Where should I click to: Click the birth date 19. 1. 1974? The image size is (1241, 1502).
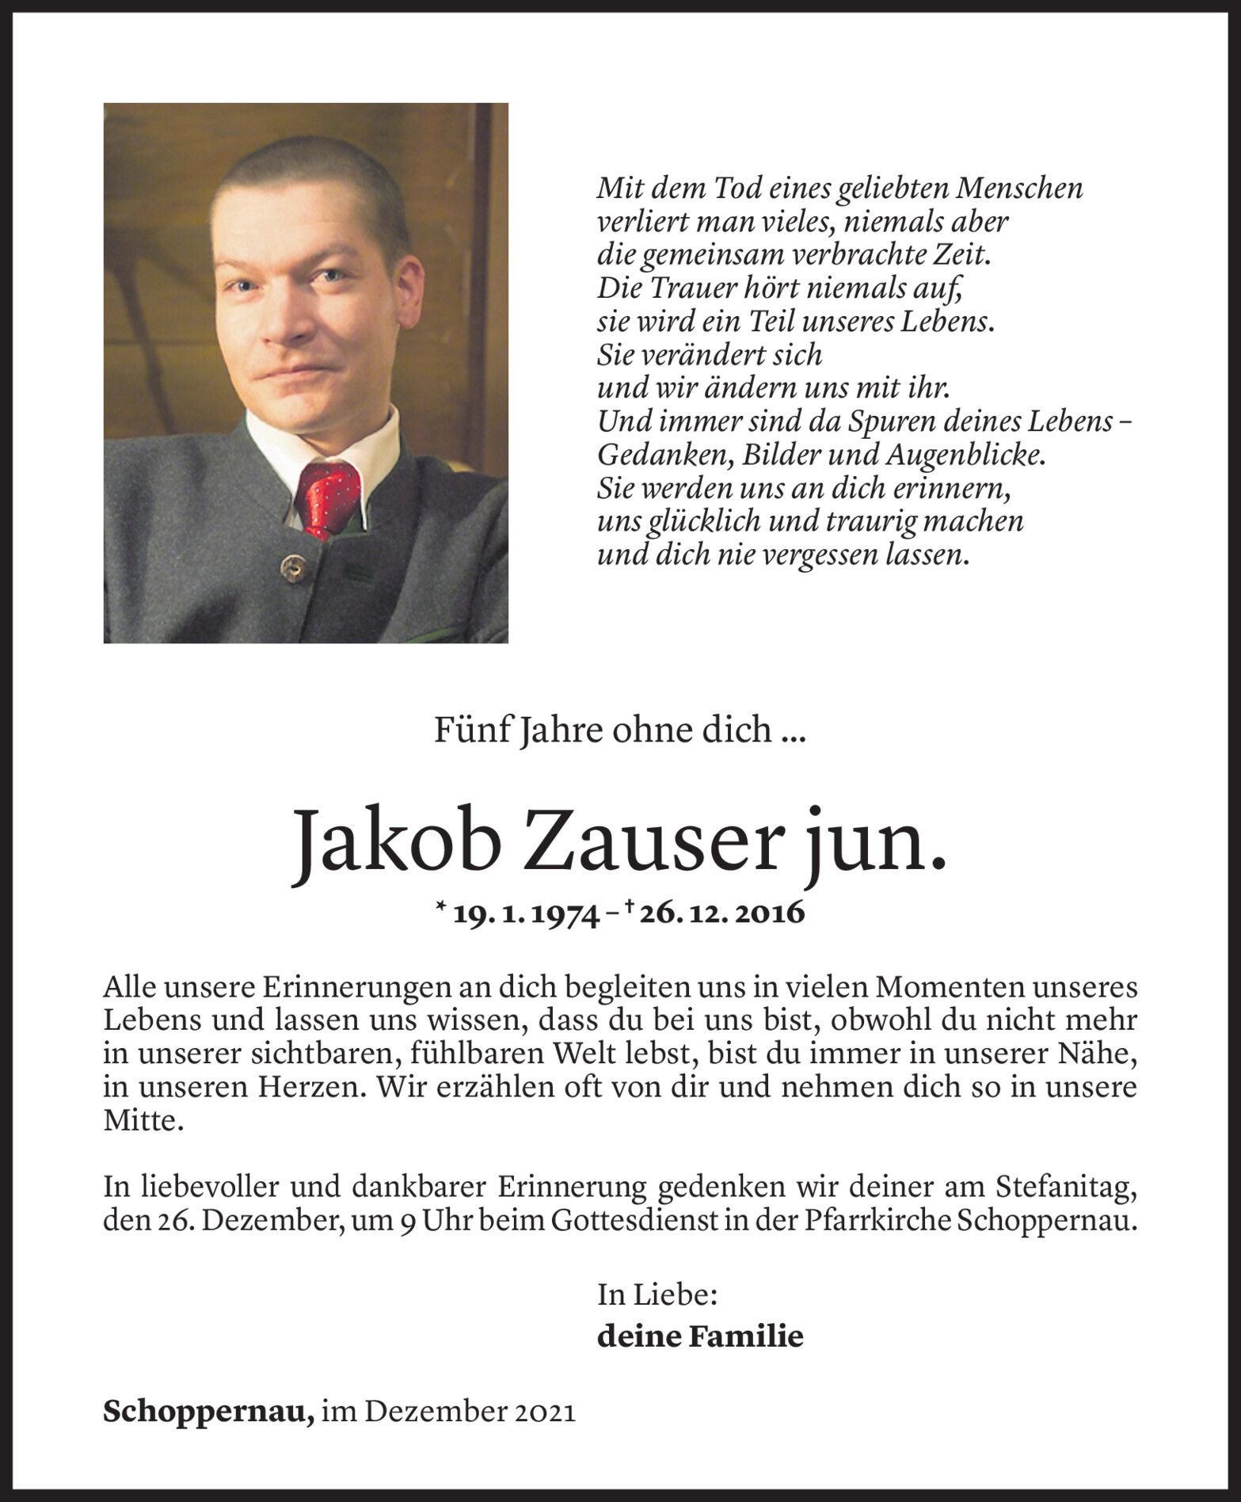(525, 913)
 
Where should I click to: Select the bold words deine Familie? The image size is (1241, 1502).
(700, 1336)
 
